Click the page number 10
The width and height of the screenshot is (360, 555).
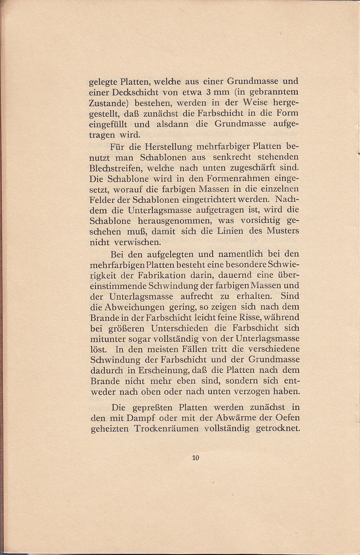click(196, 458)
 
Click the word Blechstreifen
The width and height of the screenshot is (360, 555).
click(117, 168)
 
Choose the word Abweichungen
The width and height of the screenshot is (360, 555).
click(130, 307)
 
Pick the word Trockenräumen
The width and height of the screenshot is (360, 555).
click(167, 428)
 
